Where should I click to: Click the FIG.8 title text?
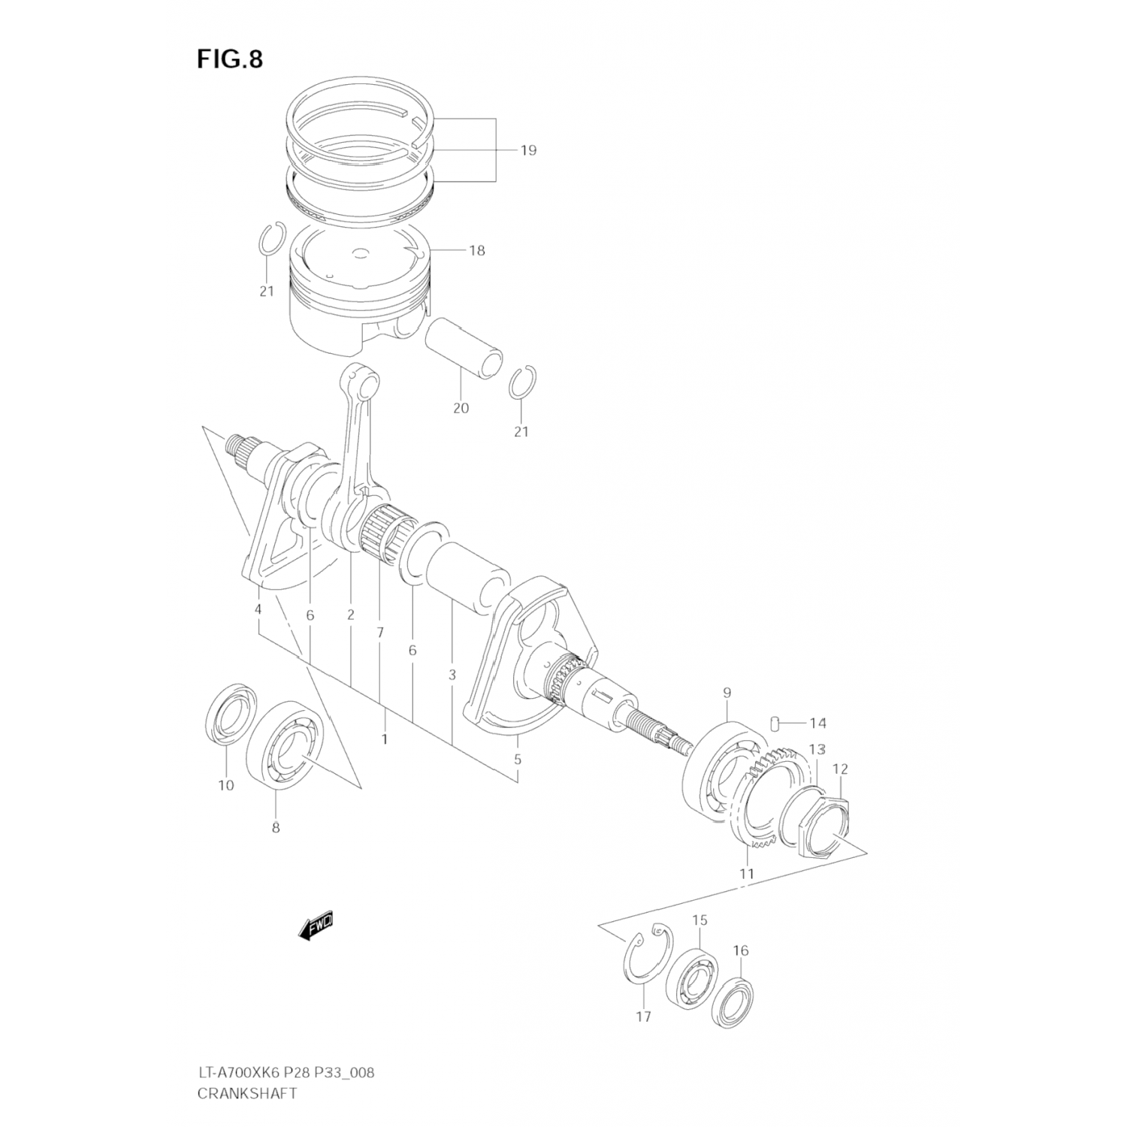(x=230, y=59)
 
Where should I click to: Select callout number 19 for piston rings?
(x=528, y=150)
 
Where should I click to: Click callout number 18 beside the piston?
(x=477, y=250)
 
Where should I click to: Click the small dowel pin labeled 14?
(x=774, y=723)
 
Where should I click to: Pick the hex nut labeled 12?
(x=823, y=825)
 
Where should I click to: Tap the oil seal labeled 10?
(x=230, y=718)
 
